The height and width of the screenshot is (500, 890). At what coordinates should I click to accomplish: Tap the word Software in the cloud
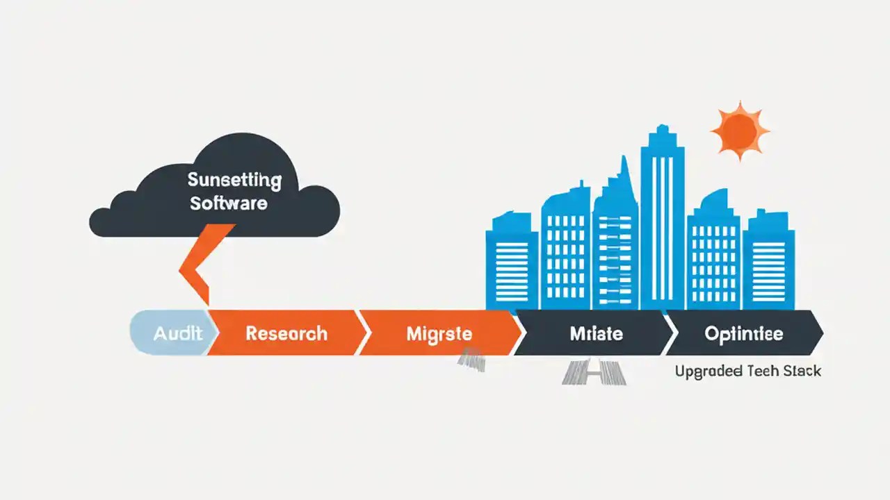228,203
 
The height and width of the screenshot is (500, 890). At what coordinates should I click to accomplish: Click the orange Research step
286,333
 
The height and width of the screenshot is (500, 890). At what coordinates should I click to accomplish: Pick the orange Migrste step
438,333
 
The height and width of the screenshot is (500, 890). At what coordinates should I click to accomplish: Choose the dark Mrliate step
596,333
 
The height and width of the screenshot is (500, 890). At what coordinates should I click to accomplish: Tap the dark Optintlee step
743,333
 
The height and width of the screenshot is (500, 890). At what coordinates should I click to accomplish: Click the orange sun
739,130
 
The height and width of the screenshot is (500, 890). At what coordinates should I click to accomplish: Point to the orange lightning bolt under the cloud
202,264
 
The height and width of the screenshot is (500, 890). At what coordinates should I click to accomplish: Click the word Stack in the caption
802,372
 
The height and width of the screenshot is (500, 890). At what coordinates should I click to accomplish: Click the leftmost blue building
511,264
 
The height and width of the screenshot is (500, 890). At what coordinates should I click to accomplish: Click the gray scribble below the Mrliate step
594,373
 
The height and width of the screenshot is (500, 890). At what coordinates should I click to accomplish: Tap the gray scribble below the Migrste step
471,359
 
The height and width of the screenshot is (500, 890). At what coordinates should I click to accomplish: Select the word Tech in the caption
763,372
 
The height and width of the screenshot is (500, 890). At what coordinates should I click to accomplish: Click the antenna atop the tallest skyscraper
661,130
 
